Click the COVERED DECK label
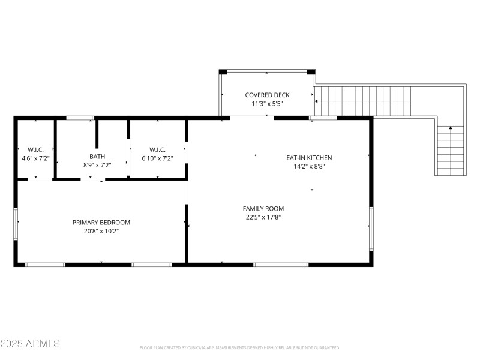[x=267, y=95]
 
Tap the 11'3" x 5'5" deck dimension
[x=267, y=103]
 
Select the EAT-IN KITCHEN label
[x=309, y=158]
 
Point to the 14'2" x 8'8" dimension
[x=309, y=167]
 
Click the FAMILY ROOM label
[x=263, y=209]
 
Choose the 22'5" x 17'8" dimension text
[x=263, y=217]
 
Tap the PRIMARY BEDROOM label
[x=101, y=222]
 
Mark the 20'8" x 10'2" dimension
[x=101, y=231]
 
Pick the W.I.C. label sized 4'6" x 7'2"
[x=36, y=150]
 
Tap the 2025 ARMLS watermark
[x=30, y=344]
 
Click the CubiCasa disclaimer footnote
[x=240, y=347]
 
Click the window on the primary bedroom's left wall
[x=16, y=224]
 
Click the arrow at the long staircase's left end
[x=317, y=102]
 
